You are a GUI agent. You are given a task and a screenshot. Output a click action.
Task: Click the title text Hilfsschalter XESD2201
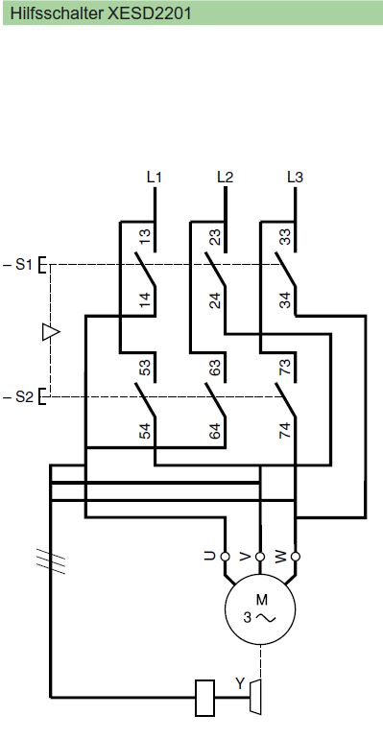(x=101, y=13)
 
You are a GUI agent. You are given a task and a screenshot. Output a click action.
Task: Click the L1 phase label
(x=154, y=178)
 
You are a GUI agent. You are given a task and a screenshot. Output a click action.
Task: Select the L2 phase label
(x=225, y=178)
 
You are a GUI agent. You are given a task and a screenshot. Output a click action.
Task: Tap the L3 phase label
(x=295, y=178)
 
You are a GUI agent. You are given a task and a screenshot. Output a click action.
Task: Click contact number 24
(x=215, y=300)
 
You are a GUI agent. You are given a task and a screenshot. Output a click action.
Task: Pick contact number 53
(x=145, y=368)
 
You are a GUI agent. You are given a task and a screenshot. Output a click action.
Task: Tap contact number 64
(x=215, y=431)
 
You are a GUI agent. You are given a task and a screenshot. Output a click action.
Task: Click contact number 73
(x=285, y=368)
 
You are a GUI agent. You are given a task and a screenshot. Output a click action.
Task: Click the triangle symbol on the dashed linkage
(x=51, y=332)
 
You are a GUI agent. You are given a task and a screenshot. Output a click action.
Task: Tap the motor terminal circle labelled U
(x=226, y=557)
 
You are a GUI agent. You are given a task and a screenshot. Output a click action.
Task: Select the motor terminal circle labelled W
(x=296, y=557)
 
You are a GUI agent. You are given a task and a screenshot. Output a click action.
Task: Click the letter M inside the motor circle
(x=262, y=600)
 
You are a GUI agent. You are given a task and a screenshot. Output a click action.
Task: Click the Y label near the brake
(x=240, y=683)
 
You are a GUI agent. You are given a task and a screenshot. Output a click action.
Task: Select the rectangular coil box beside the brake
(x=204, y=698)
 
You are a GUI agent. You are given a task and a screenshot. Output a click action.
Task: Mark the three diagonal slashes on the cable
(x=51, y=560)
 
